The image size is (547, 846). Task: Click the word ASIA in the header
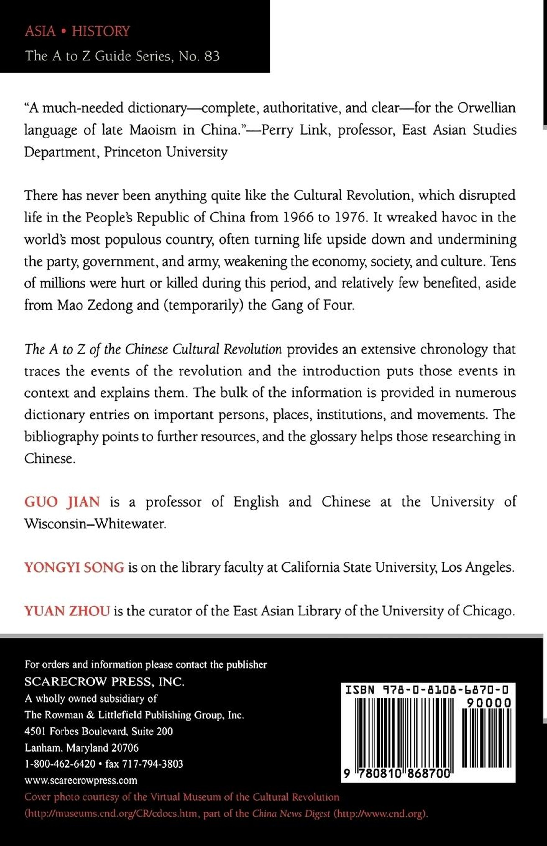click(x=40, y=31)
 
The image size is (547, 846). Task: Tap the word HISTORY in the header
click(x=101, y=31)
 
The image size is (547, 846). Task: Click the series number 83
click(x=212, y=56)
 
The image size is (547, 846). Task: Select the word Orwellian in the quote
click(x=486, y=108)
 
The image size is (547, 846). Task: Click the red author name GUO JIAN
click(x=62, y=502)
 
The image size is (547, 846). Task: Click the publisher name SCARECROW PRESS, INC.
click(x=104, y=681)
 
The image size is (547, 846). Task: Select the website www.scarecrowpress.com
click(x=81, y=780)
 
